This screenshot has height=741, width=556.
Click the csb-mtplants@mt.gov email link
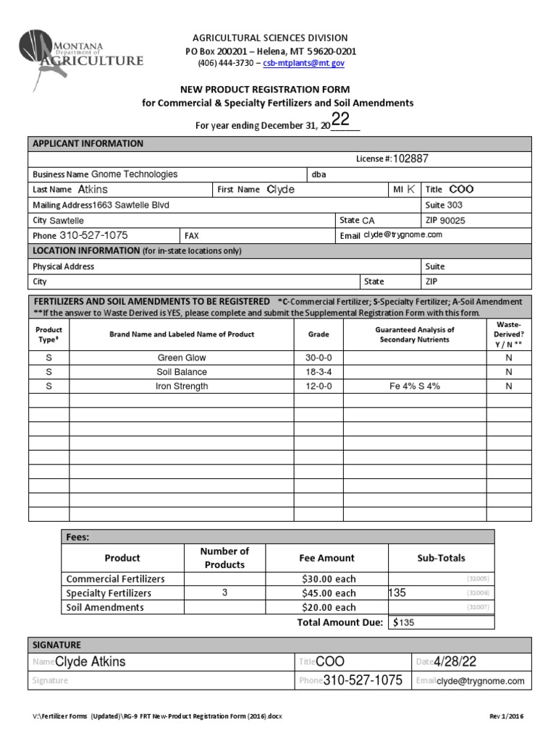coord(303,64)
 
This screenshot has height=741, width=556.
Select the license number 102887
coord(416,158)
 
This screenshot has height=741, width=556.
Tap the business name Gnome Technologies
coord(134,174)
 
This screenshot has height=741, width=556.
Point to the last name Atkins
coord(93,190)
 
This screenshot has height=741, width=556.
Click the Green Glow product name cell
coord(182,357)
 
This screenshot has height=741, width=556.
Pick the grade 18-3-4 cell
coord(318,372)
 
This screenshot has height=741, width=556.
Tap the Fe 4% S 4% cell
coord(414,386)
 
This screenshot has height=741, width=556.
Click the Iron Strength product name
coord(182,386)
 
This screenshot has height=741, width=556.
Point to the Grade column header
coord(318,334)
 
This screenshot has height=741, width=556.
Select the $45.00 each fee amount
coord(327,593)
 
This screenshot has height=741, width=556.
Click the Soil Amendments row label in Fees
coord(105,608)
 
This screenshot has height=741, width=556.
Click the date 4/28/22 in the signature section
coord(456,662)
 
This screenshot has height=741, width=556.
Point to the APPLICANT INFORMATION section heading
coord(88,143)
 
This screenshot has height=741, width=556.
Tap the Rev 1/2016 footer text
coord(506,716)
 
